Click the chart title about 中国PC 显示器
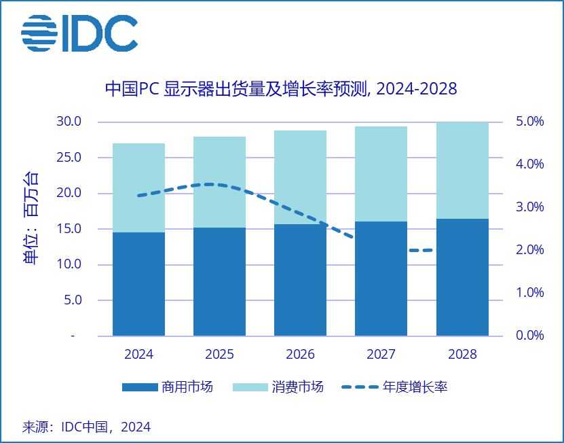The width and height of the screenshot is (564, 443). tap(280, 89)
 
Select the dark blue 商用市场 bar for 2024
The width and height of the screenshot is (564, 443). tap(139, 284)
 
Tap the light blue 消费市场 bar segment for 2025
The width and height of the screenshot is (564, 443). tap(219, 182)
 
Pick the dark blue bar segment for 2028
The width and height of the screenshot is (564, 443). tap(462, 277)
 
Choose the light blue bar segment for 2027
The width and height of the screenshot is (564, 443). tap(381, 174)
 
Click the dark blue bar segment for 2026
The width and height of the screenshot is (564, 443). tap(300, 280)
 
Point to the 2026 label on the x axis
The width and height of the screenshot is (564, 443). tap(300, 355)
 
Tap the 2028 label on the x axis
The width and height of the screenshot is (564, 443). tap(462, 355)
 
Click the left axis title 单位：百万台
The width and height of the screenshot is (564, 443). tap(31, 218)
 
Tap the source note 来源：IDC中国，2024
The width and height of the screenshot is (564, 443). tap(87, 427)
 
